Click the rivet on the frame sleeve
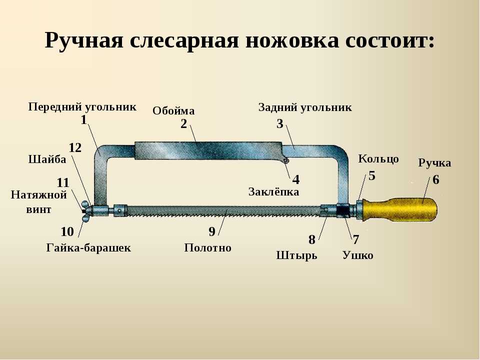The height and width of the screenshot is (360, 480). click(x=286, y=160)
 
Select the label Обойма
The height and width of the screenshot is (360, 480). click(x=173, y=110)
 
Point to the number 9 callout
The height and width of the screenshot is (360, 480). click(x=212, y=231)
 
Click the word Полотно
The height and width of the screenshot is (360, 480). click(x=208, y=247)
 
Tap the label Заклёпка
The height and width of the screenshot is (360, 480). click(x=273, y=191)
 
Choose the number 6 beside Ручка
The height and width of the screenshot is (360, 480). click(x=436, y=179)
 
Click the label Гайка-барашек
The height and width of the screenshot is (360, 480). click(x=89, y=247)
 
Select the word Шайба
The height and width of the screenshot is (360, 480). click(x=47, y=159)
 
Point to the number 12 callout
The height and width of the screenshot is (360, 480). click(x=75, y=148)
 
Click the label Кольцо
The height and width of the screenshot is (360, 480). click(x=378, y=159)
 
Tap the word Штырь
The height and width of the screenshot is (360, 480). click(x=296, y=255)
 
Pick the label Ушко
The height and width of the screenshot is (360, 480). click(x=358, y=255)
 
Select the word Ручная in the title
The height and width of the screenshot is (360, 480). click(x=84, y=40)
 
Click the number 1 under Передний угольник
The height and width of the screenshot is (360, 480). click(x=84, y=120)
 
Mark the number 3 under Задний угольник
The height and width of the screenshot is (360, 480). click(x=280, y=124)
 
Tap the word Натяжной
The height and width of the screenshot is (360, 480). click(x=39, y=194)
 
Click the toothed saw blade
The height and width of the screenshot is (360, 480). click(x=223, y=211)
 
